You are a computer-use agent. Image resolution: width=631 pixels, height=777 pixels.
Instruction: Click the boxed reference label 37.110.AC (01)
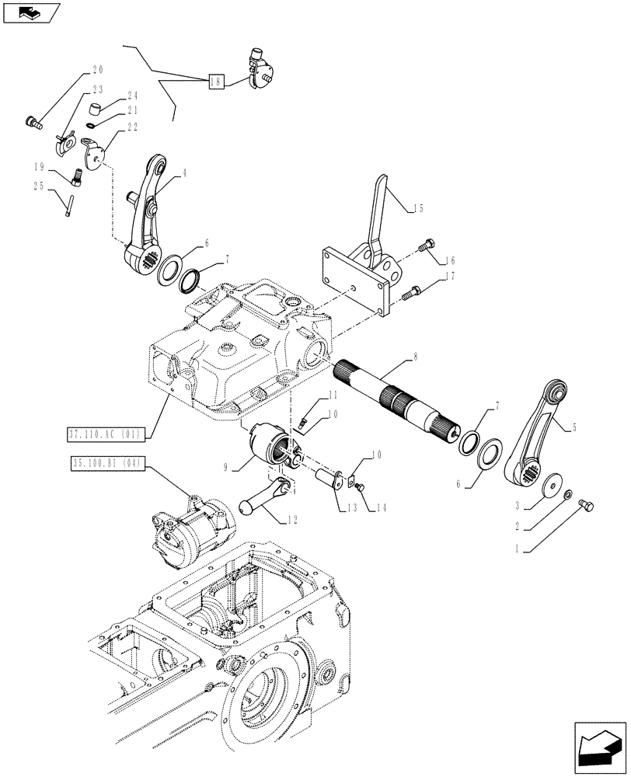click(111, 434)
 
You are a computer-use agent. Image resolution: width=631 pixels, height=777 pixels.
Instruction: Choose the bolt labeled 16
click(424, 248)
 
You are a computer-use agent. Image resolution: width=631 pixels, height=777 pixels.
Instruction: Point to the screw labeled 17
click(411, 292)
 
